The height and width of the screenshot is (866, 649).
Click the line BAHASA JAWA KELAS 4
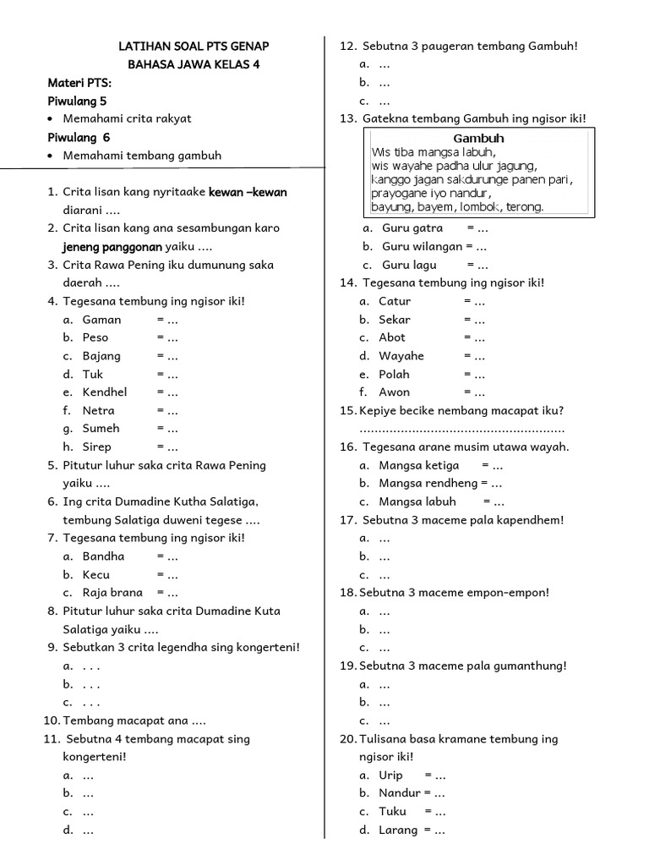(x=194, y=64)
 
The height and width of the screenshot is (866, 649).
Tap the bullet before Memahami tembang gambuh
(x=52, y=156)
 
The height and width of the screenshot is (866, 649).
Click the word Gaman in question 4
(x=101, y=320)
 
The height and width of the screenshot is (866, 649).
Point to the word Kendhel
(x=105, y=392)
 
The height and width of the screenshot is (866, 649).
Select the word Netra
(x=99, y=411)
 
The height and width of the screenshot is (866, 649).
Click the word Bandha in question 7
(x=103, y=556)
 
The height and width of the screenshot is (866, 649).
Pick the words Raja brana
(x=112, y=593)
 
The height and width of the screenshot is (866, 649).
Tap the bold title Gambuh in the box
(x=478, y=138)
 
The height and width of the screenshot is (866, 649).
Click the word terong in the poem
(x=526, y=207)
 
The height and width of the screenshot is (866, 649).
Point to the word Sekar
(x=395, y=320)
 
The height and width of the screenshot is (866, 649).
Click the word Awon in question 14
(x=394, y=392)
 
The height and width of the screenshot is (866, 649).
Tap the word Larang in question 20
(x=398, y=830)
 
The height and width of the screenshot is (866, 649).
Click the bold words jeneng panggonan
(x=112, y=247)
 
